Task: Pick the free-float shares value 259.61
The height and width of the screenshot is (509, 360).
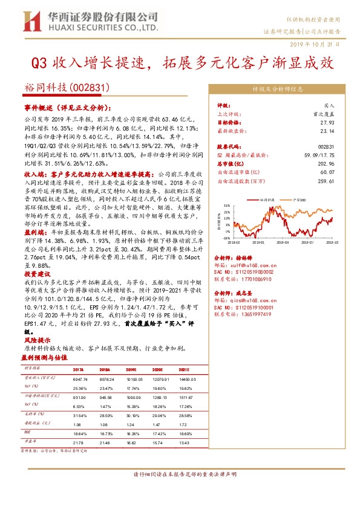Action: coord(326,180)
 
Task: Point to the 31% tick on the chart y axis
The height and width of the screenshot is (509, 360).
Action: coord(226,205)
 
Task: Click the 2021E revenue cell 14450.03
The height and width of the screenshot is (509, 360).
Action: coord(186,378)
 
